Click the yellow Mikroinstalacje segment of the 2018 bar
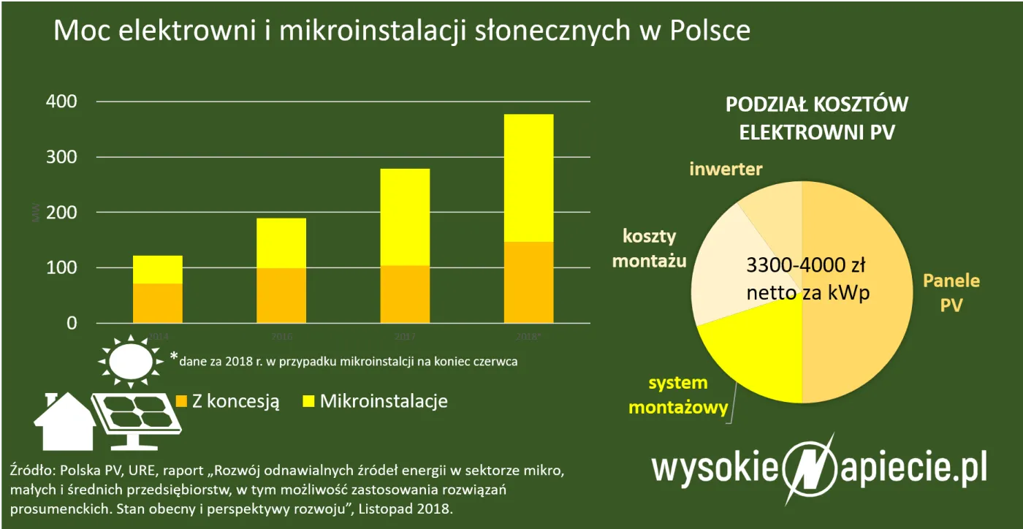tap(528, 178)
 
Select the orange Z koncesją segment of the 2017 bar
tap(405, 294)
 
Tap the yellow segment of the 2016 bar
tap(281, 243)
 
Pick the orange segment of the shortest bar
tap(157, 303)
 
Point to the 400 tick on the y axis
tap(61, 102)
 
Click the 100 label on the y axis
tap(61, 268)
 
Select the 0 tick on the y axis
tap(71, 323)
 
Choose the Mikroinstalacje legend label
tap(384, 401)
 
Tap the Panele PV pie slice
tap(862, 292)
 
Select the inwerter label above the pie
tap(726, 170)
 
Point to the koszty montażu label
tap(649, 248)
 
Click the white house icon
tap(64, 422)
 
